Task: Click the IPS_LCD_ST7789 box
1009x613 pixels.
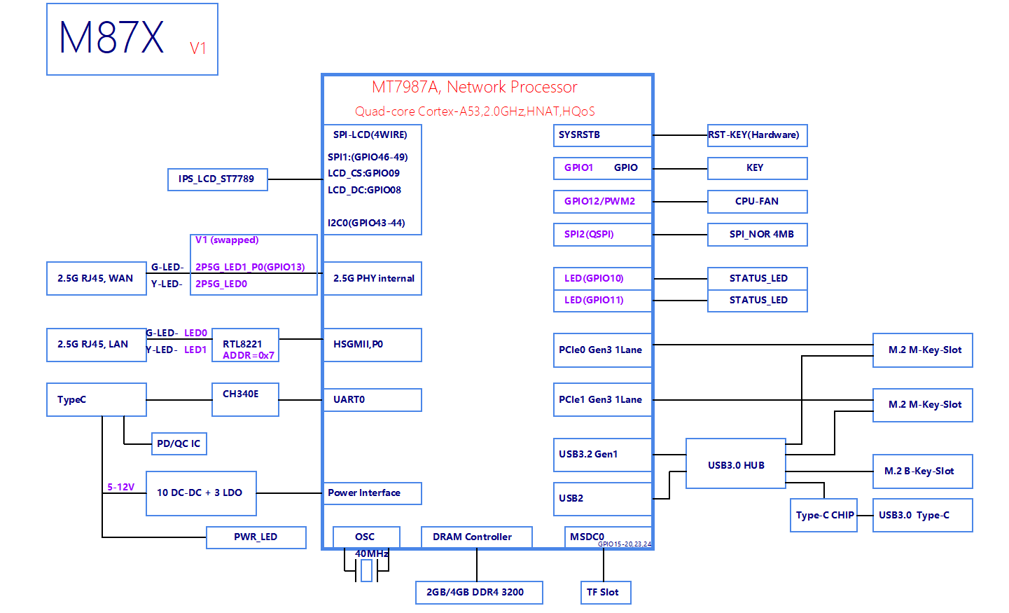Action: pyautogui.click(x=217, y=179)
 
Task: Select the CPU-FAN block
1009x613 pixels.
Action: pyautogui.click(x=757, y=202)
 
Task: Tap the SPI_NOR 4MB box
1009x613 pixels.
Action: pyautogui.click(x=757, y=235)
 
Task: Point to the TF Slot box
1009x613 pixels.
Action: pyautogui.click(x=605, y=593)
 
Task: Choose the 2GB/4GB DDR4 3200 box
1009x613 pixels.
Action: pyautogui.click(x=479, y=593)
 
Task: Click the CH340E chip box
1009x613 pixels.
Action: pyautogui.click(x=245, y=399)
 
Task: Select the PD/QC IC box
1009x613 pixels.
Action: pyautogui.click(x=179, y=443)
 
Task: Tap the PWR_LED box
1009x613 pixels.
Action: pyautogui.click(x=256, y=537)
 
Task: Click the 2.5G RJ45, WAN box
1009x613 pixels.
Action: pyautogui.click(x=96, y=279)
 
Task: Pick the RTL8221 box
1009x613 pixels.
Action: pyautogui.click(x=245, y=345)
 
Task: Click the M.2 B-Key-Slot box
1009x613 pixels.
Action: pyautogui.click(x=922, y=471)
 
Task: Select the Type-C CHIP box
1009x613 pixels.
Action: pyautogui.click(x=823, y=516)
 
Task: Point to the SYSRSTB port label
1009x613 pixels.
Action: pyautogui.click(x=579, y=135)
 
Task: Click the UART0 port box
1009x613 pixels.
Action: pyautogui.click(x=372, y=400)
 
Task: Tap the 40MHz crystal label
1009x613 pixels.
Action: pyautogui.click(x=372, y=553)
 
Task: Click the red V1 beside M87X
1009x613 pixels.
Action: pyautogui.click(x=198, y=48)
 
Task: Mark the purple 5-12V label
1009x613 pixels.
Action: pyautogui.click(x=120, y=487)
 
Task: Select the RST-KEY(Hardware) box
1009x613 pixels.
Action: pyautogui.click(x=757, y=135)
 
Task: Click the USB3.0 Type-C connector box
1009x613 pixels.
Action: pyautogui.click(x=922, y=516)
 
